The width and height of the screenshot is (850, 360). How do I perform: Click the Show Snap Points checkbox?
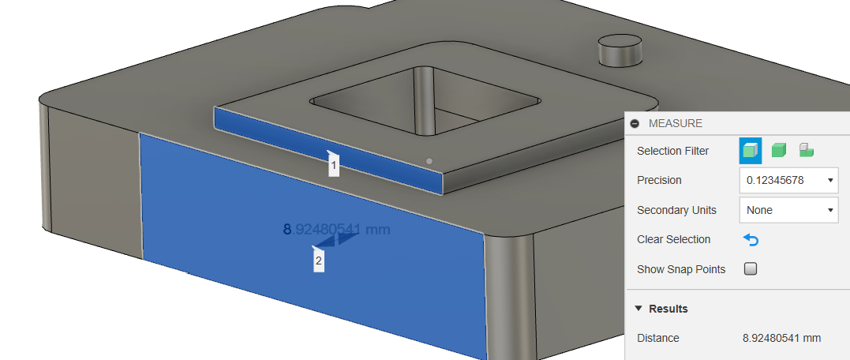click(x=751, y=269)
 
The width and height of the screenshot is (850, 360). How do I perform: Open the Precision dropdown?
click(x=788, y=180)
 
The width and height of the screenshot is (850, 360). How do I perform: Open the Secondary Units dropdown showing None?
click(x=788, y=210)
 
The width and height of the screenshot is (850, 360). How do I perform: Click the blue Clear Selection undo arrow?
click(x=751, y=239)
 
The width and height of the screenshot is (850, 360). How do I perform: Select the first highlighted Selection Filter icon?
click(x=751, y=150)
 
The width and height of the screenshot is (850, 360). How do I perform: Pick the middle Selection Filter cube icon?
click(x=779, y=150)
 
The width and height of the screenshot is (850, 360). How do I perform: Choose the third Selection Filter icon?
click(x=806, y=150)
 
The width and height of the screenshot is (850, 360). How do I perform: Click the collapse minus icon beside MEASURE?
click(x=635, y=124)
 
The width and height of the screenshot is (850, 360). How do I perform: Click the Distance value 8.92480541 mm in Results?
click(x=781, y=338)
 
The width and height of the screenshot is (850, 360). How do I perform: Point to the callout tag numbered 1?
click(x=334, y=166)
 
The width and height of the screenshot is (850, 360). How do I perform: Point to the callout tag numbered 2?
click(x=319, y=261)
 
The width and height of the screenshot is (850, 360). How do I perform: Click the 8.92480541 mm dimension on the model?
click(x=336, y=230)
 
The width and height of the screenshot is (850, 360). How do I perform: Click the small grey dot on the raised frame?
click(x=429, y=161)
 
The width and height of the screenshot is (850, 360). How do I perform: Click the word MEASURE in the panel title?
click(x=675, y=124)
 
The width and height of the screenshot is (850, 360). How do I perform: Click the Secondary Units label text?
click(x=676, y=210)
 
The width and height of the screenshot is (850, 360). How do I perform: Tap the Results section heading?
click(x=668, y=309)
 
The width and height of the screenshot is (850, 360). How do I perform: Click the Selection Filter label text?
click(x=672, y=151)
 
